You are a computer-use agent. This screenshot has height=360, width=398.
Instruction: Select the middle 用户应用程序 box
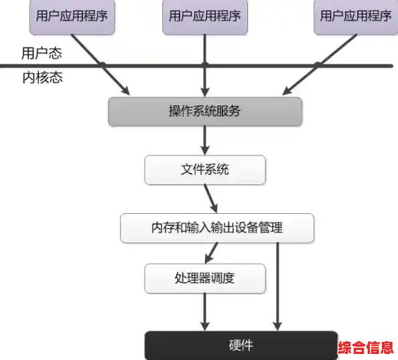point(205,16)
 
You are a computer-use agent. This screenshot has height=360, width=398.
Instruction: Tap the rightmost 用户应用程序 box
point(355,16)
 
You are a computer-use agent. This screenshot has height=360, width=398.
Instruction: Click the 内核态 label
point(42,78)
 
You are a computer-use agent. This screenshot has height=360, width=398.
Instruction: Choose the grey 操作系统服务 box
point(205,111)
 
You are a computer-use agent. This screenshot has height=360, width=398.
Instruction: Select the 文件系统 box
point(205,170)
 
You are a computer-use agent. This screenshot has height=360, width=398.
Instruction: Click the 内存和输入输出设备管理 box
point(217,228)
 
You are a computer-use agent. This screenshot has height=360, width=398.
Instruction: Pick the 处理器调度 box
point(205,278)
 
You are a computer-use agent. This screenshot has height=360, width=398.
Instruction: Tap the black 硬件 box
point(241,345)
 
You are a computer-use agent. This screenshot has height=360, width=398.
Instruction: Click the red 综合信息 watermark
point(367,348)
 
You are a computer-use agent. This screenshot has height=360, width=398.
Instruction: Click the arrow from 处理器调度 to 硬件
point(205,310)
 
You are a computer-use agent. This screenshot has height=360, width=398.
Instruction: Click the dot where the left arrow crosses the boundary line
point(103,65)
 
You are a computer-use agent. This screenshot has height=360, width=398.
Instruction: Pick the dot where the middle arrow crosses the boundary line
point(205,65)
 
